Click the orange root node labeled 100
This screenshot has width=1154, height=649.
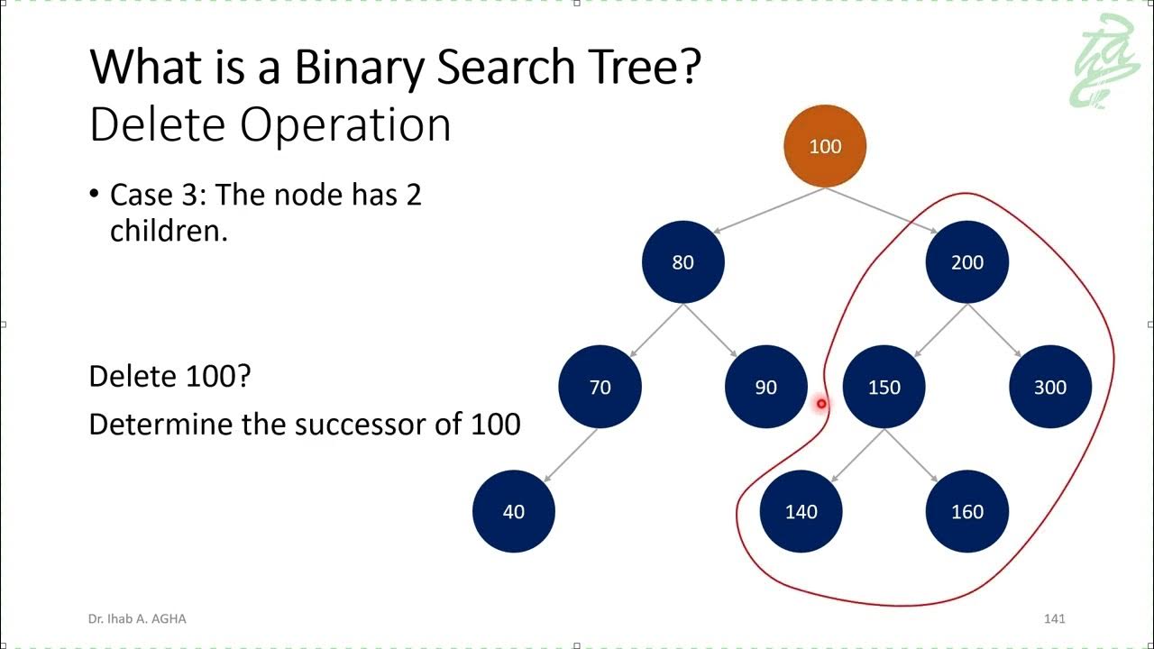click(x=825, y=146)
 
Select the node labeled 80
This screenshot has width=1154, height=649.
click(x=682, y=262)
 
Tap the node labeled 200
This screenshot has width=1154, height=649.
click(x=967, y=262)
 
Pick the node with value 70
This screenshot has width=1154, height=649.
click(x=600, y=387)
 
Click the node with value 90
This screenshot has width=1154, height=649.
click(x=765, y=387)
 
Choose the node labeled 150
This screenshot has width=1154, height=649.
click(x=884, y=387)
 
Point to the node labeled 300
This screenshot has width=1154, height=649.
click(x=1050, y=387)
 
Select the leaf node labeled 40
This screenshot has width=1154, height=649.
click(x=513, y=511)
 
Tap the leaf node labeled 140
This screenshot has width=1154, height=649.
click(x=801, y=511)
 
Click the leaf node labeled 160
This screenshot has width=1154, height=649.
click(x=967, y=511)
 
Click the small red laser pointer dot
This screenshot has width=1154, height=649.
click(x=821, y=405)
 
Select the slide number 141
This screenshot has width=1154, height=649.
click(x=1054, y=618)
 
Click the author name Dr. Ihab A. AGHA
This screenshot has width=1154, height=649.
click(x=137, y=618)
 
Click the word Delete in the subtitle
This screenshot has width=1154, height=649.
click(x=157, y=125)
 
